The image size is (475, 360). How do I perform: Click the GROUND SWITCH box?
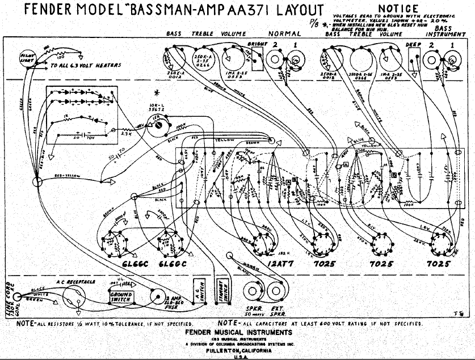coord(120,295)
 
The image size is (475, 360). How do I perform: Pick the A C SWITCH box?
coord(198,291)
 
